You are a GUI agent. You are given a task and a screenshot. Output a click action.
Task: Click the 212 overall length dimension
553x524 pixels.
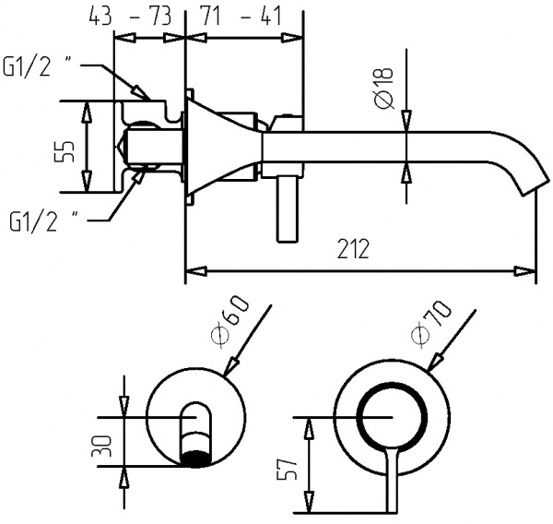pos(353,249)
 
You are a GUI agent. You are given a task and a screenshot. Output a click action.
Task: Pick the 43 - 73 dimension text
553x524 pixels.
pos(133,16)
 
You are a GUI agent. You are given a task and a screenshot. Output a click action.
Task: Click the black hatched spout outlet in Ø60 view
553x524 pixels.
pos(194,456)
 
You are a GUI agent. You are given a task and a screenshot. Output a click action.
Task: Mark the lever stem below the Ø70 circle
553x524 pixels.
pos(390,484)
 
